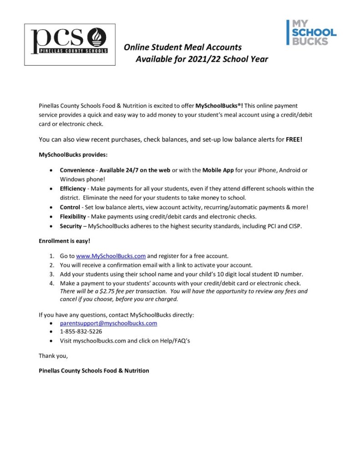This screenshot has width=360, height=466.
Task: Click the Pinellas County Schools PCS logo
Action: (70, 44)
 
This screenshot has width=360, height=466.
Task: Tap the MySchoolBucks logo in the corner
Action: (311, 32)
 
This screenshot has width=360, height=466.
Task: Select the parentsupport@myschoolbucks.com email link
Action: (108, 323)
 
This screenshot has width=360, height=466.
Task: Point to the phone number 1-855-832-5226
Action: (81, 332)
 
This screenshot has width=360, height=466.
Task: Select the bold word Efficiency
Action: (73, 188)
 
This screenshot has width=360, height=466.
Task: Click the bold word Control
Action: (70, 207)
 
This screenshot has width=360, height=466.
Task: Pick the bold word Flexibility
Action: (73, 216)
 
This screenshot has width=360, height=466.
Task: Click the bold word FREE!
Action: (294, 139)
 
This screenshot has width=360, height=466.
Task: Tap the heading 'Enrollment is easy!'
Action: (65, 240)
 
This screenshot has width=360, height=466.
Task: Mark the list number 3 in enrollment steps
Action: (51, 274)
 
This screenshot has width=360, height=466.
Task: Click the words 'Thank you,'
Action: (53, 355)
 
